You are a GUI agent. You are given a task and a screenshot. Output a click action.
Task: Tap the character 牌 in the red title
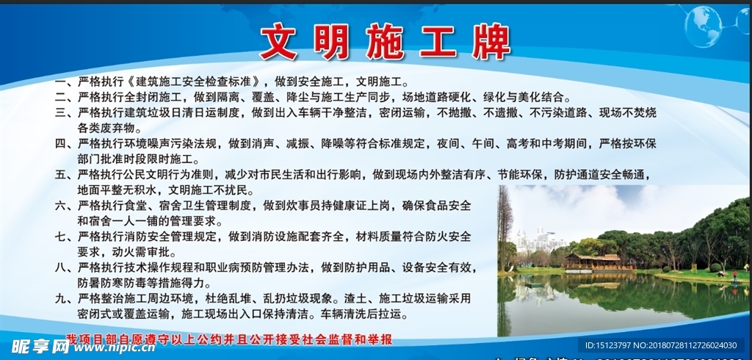pyautogui.click(x=490, y=42)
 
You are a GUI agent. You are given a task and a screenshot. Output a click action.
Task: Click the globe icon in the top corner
pyautogui.click(x=702, y=26)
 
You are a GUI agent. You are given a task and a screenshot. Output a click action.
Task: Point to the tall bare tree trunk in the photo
pyautogui.click(x=505, y=228)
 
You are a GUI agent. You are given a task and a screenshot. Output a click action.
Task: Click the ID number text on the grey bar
pyautogui.click(x=660, y=345)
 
